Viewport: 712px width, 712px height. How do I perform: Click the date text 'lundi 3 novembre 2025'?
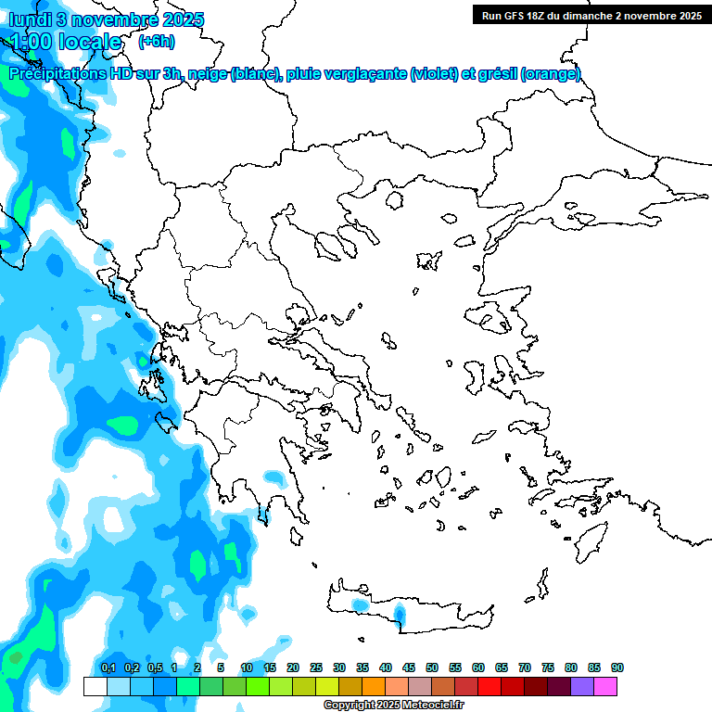coord(107,19)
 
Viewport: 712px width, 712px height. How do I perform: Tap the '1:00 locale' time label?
coord(65,42)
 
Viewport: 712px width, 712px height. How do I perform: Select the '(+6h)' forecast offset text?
coord(156,41)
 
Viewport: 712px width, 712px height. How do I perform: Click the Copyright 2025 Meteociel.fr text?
coord(394,706)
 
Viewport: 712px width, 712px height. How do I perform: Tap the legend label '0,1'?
coord(108,667)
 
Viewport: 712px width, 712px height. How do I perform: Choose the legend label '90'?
coord(617,667)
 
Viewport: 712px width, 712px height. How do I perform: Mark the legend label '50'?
coord(432,667)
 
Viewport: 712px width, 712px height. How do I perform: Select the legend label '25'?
coord(316,667)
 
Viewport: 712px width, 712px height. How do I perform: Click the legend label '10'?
coord(247,667)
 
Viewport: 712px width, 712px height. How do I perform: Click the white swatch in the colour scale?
coord(95,686)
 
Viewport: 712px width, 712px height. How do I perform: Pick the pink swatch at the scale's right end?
coord(605,686)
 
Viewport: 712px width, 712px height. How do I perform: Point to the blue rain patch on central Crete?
coord(400,613)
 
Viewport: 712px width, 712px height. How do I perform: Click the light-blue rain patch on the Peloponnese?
coord(274,478)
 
